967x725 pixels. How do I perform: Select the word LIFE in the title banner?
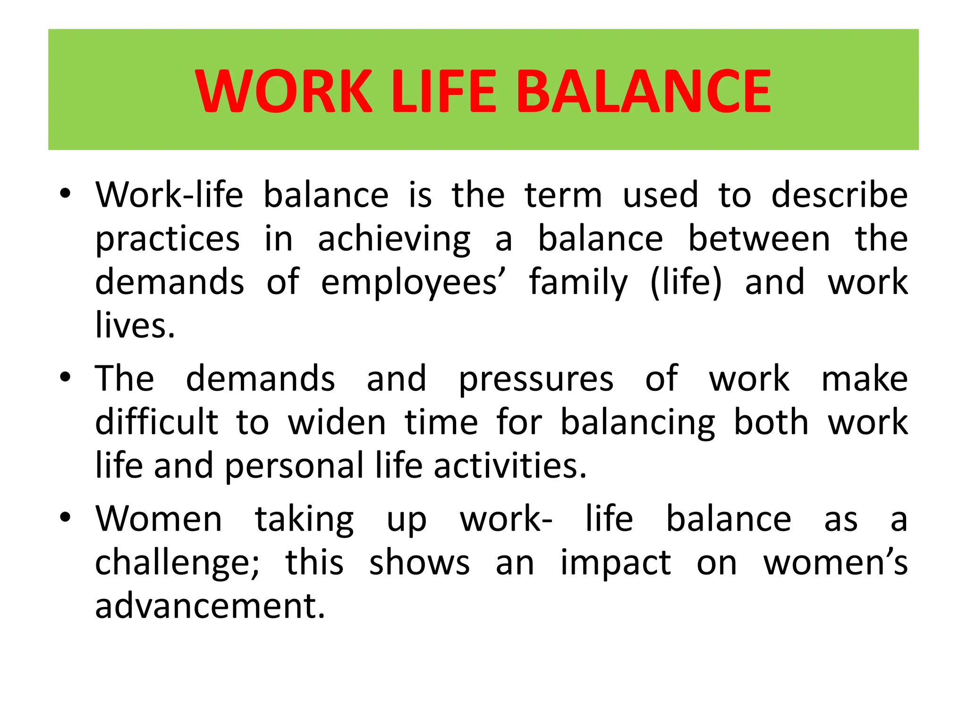pyautogui.click(x=444, y=91)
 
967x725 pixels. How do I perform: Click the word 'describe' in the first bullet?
pyautogui.click(x=839, y=195)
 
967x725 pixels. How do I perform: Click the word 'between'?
pyautogui.click(x=759, y=239)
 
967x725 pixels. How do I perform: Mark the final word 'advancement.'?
pyautogui.click(x=210, y=606)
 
